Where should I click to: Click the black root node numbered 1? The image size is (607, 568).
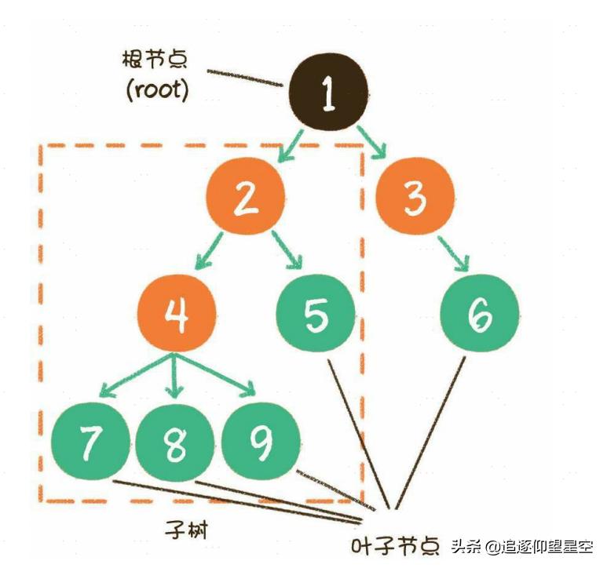[328, 93]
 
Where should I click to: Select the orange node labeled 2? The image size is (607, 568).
[246, 197]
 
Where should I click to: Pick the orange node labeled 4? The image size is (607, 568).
[177, 314]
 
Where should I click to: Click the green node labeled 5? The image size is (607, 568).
[315, 314]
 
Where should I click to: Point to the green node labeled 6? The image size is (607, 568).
[480, 314]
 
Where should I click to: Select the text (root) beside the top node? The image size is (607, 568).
[157, 89]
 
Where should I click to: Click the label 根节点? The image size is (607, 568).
[158, 59]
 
